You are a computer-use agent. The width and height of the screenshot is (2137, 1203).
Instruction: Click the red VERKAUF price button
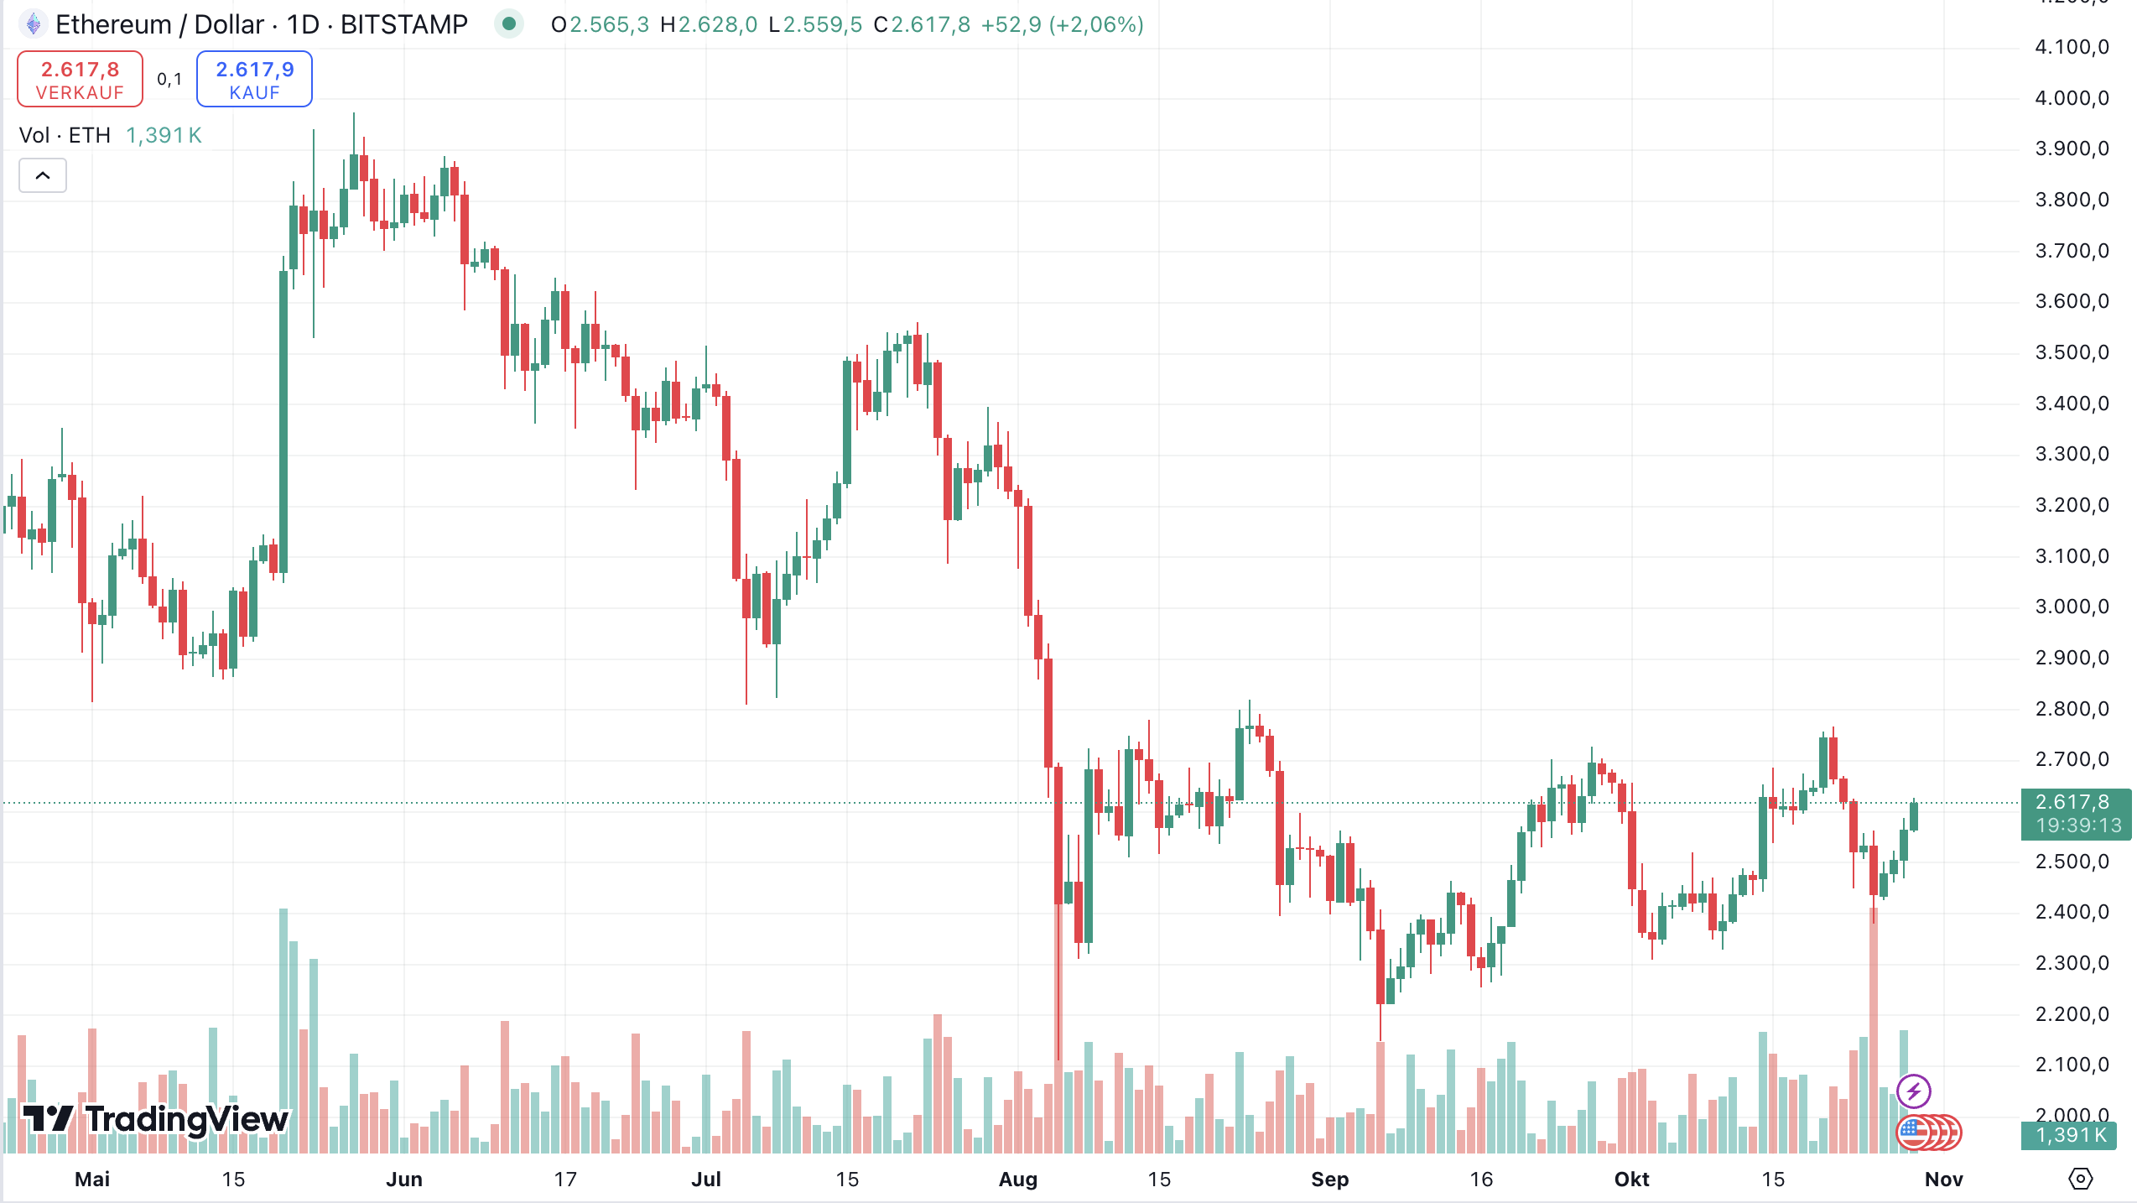pyautogui.click(x=81, y=79)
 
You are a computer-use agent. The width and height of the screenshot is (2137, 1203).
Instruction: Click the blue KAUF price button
pyautogui.click(x=254, y=79)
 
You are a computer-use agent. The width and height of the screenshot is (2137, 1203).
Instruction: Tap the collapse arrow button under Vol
pyautogui.click(x=43, y=175)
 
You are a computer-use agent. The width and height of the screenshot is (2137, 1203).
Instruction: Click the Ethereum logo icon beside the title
pyautogui.click(x=34, y=24)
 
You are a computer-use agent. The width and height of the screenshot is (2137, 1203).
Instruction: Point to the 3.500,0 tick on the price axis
pyautogui.click(x=2071, y=352)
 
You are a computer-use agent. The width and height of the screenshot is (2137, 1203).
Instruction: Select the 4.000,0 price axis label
pyautogui.click(x=2071, y=98)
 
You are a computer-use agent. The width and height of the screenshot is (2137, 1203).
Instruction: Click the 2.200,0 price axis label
pyautogui.click(x=2071, y=1013)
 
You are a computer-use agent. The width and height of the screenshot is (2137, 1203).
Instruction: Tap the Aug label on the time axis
pyautogui.click(x=1017, y=1180)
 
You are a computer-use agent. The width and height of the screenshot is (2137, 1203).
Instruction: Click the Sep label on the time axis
pyautogui.click(x=1329, y=1180)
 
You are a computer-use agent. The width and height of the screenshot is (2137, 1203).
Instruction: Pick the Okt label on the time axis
pyautogui.click(x=1631, y=1180)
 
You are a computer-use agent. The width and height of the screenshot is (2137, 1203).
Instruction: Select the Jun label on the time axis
pyautogui.click(x=403, y=1180)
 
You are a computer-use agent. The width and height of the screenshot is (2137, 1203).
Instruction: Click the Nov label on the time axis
pyautogui.click(x=1943, y=1180)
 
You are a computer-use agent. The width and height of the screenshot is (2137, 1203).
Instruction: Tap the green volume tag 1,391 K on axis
pyautogui.click(x=2069, y=1135)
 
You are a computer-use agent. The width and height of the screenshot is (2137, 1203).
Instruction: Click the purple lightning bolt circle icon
pyautogui.click(x=1914, y=1091)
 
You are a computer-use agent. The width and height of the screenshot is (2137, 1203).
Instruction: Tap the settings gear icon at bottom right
pyautogui.click(x=2080, y=1179)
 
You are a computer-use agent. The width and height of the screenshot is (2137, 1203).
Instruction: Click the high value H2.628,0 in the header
pyautogui.click(x=709, y=24)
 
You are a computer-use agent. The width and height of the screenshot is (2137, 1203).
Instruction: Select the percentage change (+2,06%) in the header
pyautogui.click(x=1096, y=24)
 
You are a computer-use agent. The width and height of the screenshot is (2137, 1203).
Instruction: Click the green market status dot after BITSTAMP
pyautogui.click(x=508, y=24)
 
